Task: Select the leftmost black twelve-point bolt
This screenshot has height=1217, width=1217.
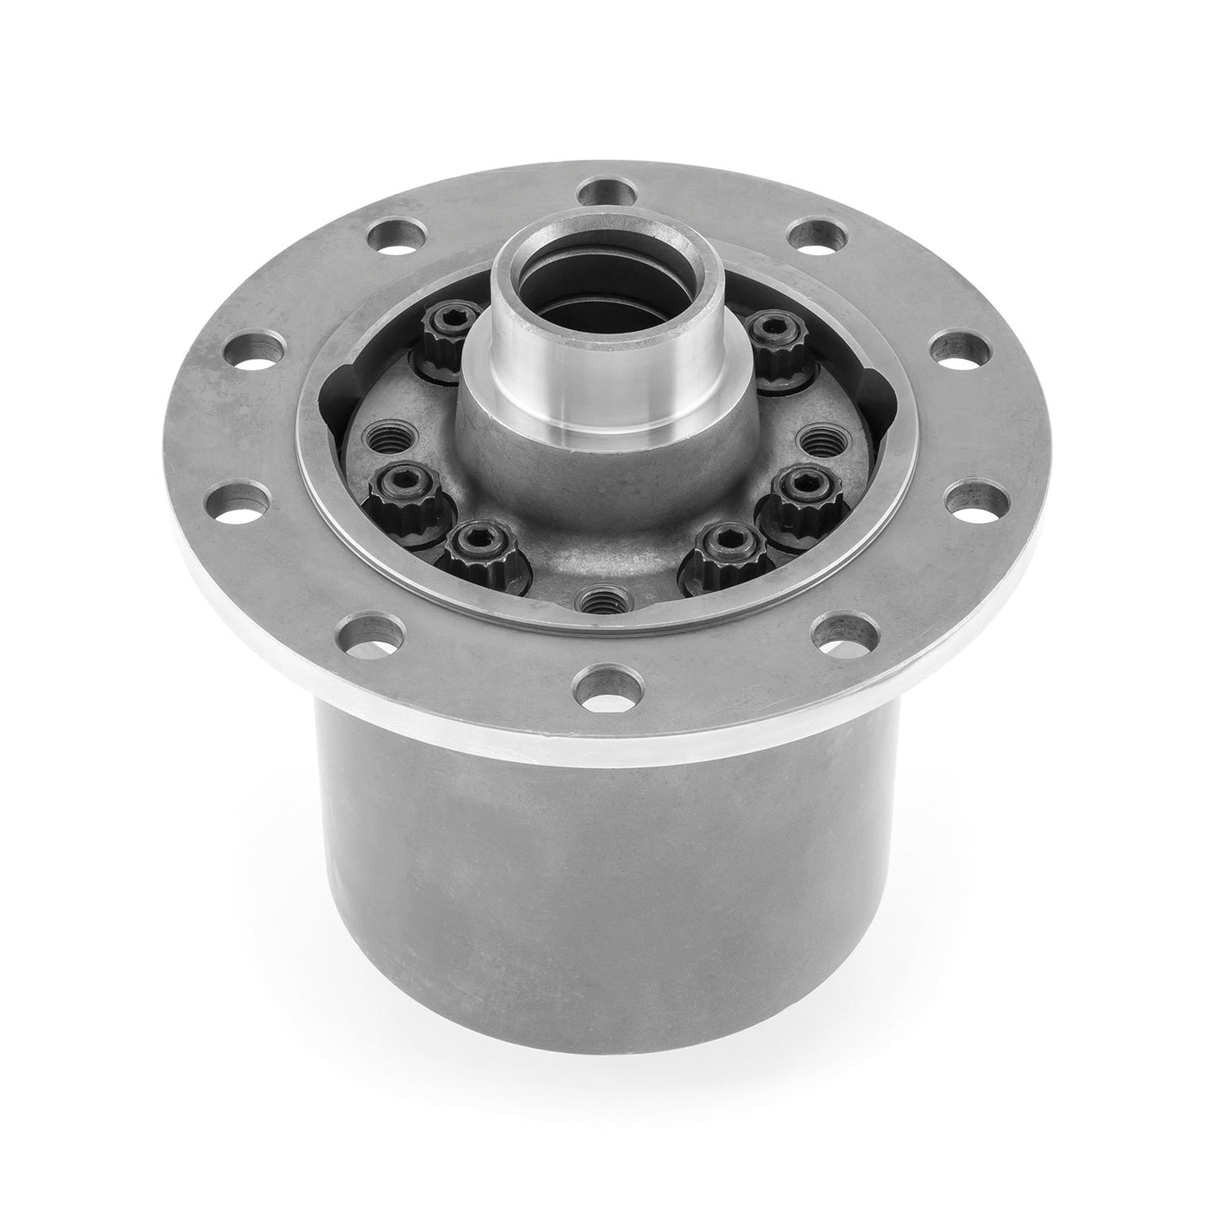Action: pos(392,488)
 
